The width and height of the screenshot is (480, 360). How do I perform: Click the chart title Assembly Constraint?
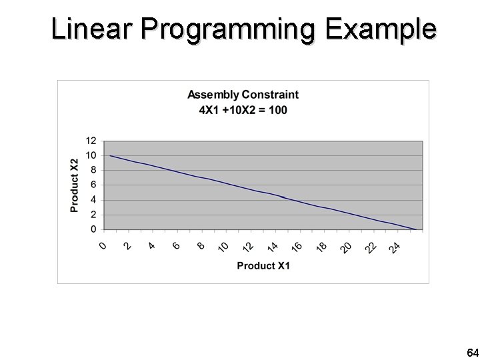pos(243,95)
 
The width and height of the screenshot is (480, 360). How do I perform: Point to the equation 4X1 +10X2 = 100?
pos(243,109)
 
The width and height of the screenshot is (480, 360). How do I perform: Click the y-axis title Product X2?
pos(74,185)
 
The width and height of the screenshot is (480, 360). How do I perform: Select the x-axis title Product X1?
pos(263,265)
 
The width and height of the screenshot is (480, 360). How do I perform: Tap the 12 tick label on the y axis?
pos(91,141)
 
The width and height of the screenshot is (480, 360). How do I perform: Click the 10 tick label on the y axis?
pos(91,155)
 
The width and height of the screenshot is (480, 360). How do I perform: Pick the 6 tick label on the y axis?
pos(94,185)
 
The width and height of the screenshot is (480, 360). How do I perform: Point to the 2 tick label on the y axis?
pos(94,215)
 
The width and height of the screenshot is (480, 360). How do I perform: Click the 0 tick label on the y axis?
pos(94,229)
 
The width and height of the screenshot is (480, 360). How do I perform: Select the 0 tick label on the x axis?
pos(103,246)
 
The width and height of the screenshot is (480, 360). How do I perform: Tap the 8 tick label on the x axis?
pos(201,246)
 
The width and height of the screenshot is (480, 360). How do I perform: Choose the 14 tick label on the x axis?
pos(273,247)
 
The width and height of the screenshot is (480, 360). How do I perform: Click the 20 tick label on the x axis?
pos(346,247)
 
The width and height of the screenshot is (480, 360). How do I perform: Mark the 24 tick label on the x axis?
pos(395,247)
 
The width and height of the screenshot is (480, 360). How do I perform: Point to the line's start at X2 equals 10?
pos(111,155)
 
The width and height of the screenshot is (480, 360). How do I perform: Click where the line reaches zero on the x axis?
pos(416,229)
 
